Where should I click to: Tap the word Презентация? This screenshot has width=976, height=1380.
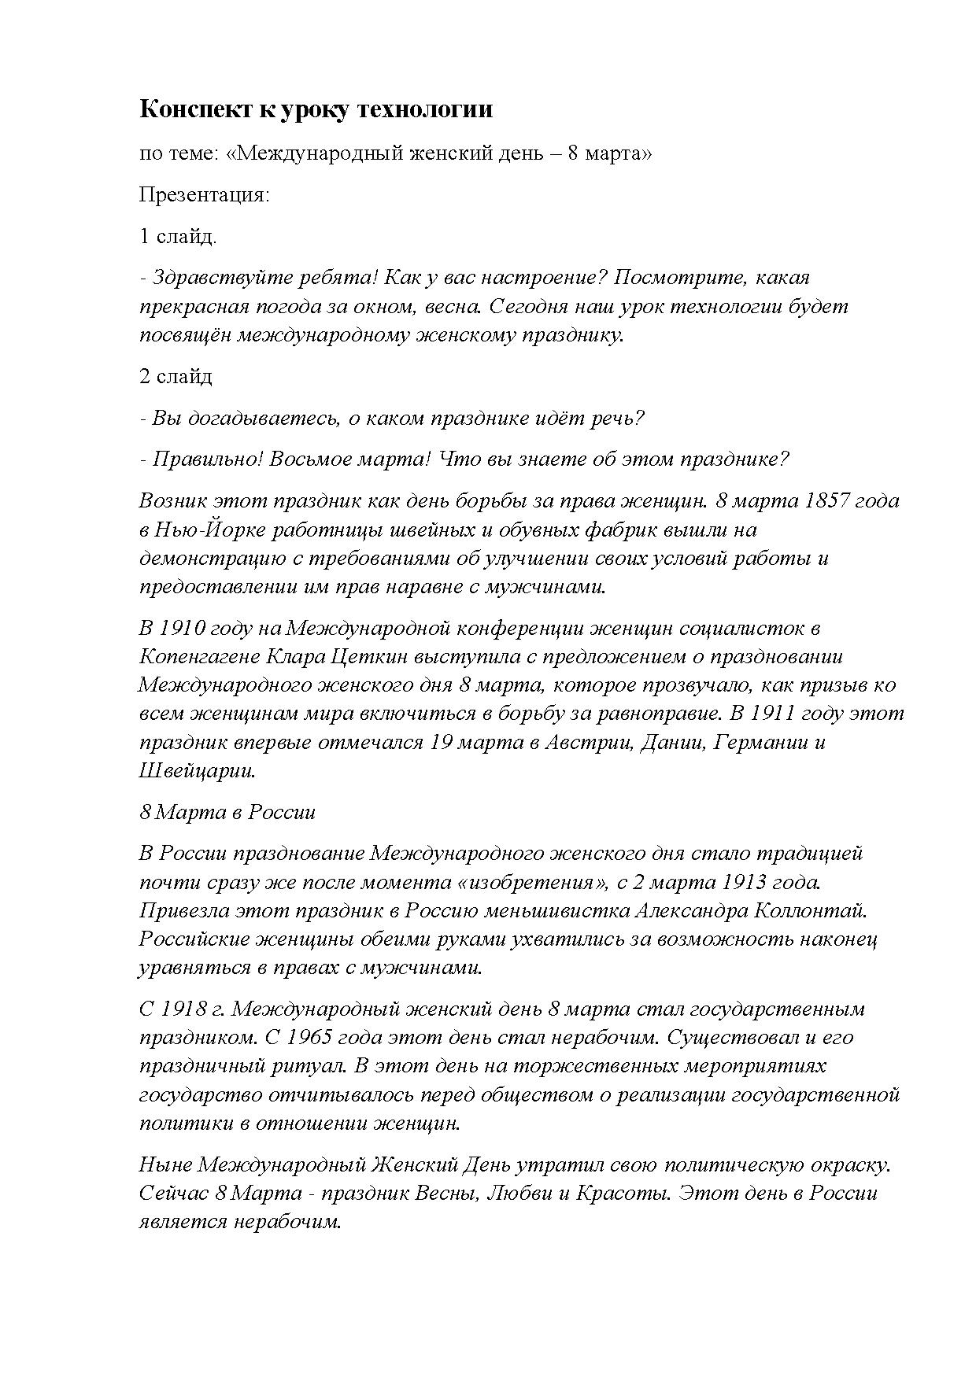[x=204, y=194]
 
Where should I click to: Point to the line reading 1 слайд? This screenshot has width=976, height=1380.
[x=178, y=236]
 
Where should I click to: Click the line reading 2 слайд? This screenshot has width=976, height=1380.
[x=176, y=376]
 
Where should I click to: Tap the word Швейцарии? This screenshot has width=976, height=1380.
[x=198, y=770]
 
